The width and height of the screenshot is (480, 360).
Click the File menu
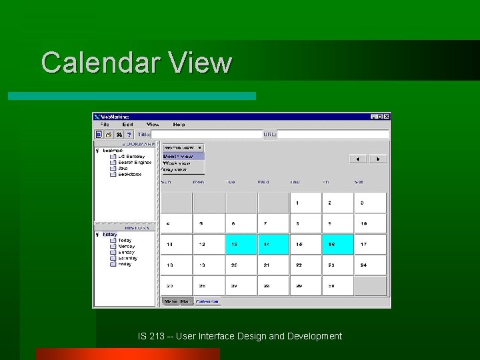(105, 125)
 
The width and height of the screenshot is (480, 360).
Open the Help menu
(179, 125)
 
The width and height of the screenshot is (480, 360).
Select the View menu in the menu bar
(153, 125)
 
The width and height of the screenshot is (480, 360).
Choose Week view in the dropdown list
(177, 163)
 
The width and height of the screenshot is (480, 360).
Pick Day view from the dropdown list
(175, 170)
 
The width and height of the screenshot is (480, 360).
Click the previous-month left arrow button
(359, 159)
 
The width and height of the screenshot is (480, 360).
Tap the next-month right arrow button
(377, 159)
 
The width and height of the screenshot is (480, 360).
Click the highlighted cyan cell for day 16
(337, 245)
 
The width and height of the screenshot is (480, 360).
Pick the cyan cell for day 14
(273, 245)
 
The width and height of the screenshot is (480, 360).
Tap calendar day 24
(370, 265)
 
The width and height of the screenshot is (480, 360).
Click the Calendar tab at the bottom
(207, 301)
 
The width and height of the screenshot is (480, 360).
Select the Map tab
(185, 301)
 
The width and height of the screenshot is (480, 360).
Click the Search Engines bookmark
(135, 163)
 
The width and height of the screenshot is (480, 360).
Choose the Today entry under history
(125, 241)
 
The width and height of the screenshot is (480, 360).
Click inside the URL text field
(332, 135)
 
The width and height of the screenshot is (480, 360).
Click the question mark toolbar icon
(129, 135)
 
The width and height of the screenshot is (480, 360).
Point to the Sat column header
(359, 182)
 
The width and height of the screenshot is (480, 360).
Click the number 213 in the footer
(157, 336)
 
